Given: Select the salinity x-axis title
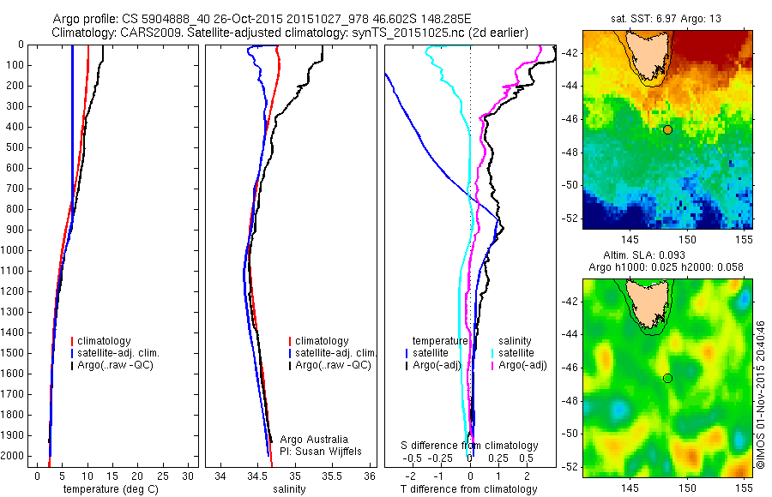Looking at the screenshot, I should (288, 489).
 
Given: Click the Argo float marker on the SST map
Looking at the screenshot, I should (667, 129).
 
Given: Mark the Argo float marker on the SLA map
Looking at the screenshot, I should (667, 378).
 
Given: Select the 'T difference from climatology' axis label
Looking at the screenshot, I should (468, 489).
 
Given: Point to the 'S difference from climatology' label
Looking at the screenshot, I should (469, 446).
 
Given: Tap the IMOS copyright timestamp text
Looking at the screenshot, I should (761, 394).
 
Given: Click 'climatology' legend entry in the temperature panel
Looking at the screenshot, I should (107, 341).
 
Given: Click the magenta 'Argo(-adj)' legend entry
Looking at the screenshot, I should (523, 366).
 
